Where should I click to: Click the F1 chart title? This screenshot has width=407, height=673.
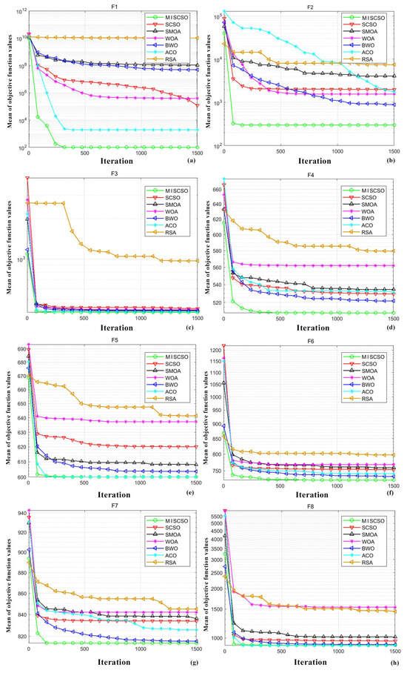[x=112, y=7]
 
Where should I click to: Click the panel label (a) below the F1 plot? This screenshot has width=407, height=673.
[x=192, y=161]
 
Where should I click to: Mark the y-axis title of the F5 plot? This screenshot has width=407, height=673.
[x=6, y=414]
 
